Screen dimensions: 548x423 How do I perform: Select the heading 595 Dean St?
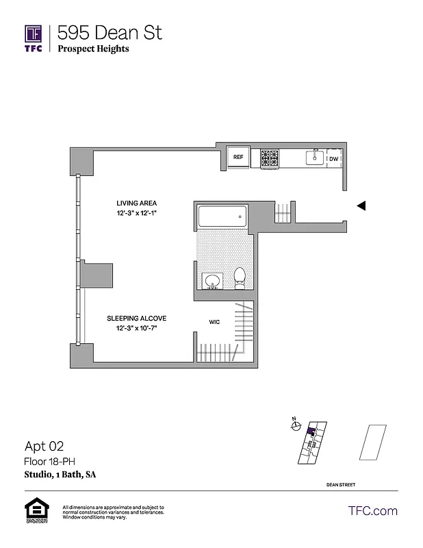click(x=110, y=32)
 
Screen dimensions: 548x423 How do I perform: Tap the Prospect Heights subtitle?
click(x=93, y=49)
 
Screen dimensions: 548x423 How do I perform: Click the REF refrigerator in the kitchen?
click(x=238, y=158)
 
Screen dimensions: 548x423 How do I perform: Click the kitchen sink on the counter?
click(x=315, y=158)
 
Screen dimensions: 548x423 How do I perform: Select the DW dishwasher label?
click(x=334, y=159)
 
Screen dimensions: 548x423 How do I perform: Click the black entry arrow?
click(x=362, y=205)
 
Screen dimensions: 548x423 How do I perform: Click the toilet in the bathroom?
click(x=240, y=277)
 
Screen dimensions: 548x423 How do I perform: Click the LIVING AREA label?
click(x=136, y=203)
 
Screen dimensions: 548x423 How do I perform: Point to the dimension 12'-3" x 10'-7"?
click(x=136, y=329)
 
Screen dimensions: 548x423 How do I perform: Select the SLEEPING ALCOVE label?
click(x=136, y=319)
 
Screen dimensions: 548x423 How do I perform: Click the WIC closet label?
click(x=214, y=321)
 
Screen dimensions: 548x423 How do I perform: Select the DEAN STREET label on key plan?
click(x=341, y=484)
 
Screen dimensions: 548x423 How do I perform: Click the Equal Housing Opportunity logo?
click(x=36, y=511)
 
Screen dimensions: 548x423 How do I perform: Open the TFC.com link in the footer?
click(x=373, y=511)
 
